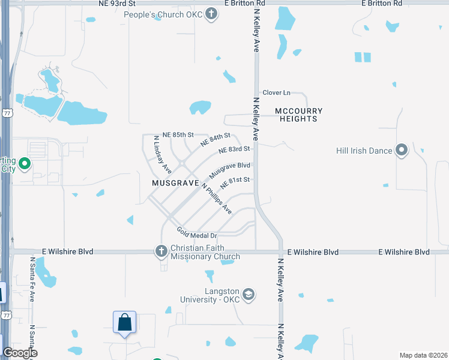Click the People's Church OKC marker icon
coord(211,14)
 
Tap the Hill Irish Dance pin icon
coord(402,150)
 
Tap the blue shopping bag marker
coord(125,322)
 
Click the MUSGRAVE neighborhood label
coord(175,182)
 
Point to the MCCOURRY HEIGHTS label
coord(299,115)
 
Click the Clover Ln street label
coord(276,92)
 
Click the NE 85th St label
coord(178,134)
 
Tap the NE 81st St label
coord(235,181)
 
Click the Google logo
coord(20,353)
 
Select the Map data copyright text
coord(423,355)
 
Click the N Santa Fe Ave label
coord(33,279)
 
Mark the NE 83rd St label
coord(234,149)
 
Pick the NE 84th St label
coord(215,140)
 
